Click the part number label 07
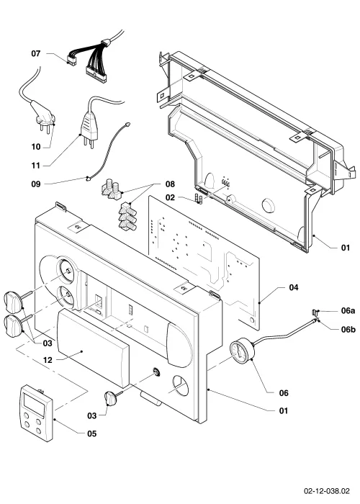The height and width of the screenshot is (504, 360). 36,53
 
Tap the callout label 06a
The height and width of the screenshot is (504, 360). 348,310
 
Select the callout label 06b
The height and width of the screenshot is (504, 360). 348,330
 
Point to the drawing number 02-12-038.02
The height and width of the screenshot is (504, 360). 327,491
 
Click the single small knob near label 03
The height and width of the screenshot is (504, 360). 110,398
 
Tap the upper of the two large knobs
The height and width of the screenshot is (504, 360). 13,302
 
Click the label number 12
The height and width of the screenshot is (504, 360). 48,360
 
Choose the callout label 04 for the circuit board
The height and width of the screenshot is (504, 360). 294,287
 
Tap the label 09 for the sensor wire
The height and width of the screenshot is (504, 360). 36,184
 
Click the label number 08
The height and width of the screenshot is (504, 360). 170,184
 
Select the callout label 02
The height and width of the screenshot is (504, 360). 170,197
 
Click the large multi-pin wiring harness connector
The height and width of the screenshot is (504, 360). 96,74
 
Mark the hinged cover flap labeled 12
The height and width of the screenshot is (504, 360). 93,347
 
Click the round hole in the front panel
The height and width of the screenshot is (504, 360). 181,384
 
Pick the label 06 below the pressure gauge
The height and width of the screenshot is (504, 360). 284,393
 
